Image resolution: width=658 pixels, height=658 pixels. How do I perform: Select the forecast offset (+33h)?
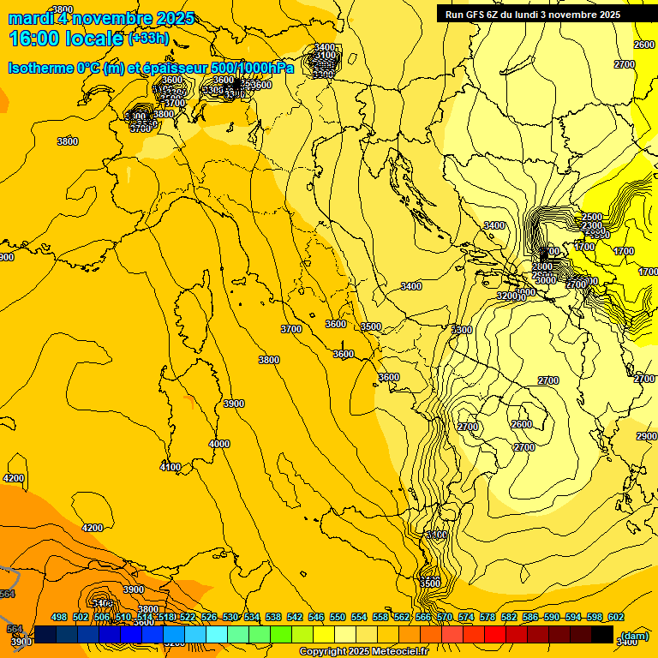[x=148, y=39]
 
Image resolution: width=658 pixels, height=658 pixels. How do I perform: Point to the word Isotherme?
[x=39, y=68]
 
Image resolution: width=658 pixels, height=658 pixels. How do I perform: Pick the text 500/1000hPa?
[x=257, y=68]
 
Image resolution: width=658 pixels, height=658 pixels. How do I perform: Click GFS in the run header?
[x=480, y=15]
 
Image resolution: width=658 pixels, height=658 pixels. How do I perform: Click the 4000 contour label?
[x=219, y=444]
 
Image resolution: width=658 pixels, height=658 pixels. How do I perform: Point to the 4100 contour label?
[x=170, y=467]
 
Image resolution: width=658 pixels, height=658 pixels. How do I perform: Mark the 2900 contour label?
[x=647, y=436]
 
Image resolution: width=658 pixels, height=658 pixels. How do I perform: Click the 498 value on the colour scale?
[x=59, y=617]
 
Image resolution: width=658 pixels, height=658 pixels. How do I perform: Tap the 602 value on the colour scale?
[x=616, y=617]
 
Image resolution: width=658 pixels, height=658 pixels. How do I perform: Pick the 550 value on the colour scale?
[x=338, y=617]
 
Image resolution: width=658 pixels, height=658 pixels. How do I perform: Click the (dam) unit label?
[x=634, y=636]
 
